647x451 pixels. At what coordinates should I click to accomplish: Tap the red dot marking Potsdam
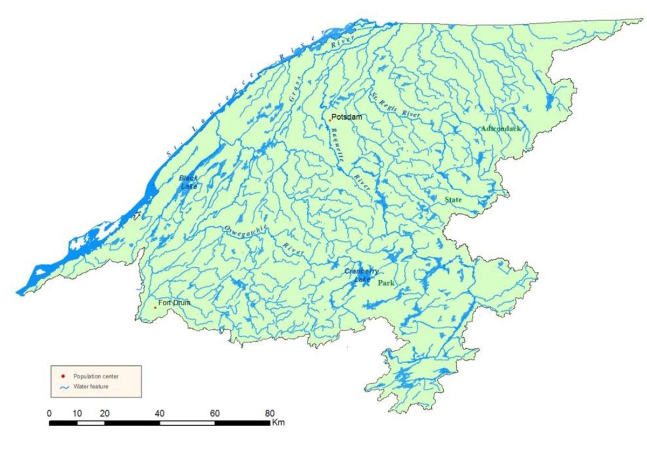tap(329, 120)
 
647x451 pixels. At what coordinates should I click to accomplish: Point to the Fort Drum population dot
tap(155, 308)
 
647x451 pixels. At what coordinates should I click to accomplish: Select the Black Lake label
tap(189, 182)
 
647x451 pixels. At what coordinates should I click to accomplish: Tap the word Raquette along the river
tap(339, 145)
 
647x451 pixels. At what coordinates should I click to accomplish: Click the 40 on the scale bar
tap(159, 413)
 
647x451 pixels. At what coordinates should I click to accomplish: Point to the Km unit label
tap(278, 422)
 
